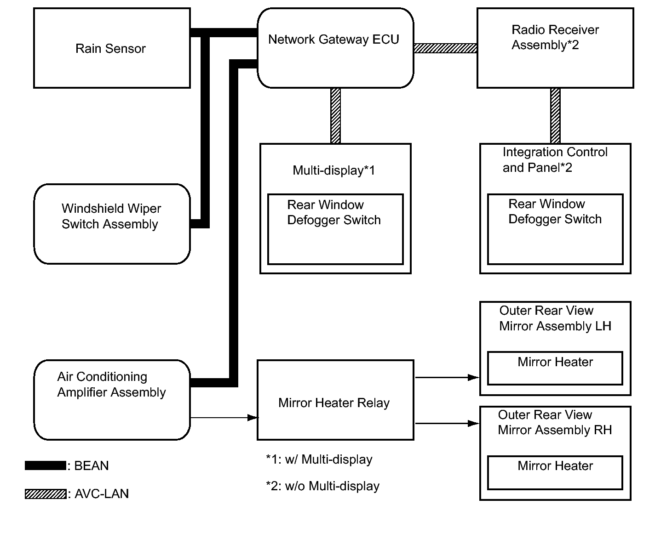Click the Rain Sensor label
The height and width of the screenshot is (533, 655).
(110, 49)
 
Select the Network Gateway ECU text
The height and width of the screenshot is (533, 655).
(333, 40)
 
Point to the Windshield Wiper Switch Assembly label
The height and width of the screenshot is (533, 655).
(111, 216)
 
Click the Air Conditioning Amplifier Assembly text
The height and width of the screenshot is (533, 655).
(111, 384)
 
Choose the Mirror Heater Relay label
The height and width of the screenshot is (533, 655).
(334, 403)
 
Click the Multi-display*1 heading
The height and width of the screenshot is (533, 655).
(333, 170)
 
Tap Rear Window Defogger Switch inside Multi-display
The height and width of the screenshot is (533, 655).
(334, 212)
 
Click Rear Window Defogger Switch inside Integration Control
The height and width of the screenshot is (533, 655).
(555, 211)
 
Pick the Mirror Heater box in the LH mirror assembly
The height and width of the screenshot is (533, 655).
(555, 368)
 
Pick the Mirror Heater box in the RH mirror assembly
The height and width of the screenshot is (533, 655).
(555, 472)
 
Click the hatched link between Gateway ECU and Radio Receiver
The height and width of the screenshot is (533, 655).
(445, 48)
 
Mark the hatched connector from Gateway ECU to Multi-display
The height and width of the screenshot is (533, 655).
(335, 116)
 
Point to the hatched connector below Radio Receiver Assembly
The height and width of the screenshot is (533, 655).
(555, 116)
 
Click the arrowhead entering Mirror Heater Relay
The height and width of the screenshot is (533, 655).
(253, 418)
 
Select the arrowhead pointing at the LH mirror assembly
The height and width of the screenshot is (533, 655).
(473, 377)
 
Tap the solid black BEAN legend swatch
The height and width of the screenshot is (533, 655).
(46, 465)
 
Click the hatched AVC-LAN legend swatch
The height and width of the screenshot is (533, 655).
(46, 494)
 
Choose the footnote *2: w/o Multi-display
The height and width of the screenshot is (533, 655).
(322, 486)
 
